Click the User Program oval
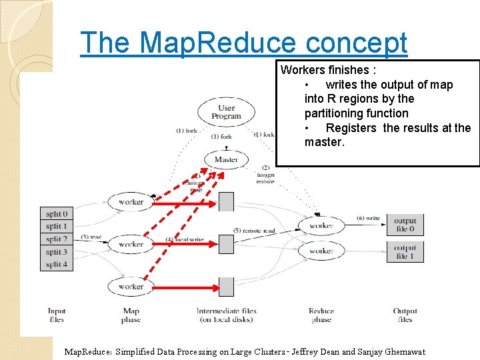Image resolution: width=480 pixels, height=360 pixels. [x=226, y=112]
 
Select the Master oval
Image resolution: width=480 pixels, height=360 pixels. [x=226, y=160]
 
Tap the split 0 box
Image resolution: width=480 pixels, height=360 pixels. [x=57, y=214]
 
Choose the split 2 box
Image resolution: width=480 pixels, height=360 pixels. [x=57, y=239]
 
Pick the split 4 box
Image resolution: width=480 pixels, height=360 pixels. [x=57, y=265]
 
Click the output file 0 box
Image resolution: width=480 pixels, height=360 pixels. [x=405, y=225]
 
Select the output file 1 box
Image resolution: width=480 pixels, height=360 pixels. [x=405, y=251]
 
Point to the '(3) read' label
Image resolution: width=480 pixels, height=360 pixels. [x=92, y=237]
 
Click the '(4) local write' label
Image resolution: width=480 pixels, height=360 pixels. [x=185, y=239]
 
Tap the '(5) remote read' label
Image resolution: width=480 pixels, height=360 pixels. [x=254, y=231]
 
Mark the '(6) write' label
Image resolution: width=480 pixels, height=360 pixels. [x=368, y=218]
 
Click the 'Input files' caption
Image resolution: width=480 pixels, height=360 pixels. [x=57, y=315]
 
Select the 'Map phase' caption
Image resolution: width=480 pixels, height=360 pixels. [x=131, y=315]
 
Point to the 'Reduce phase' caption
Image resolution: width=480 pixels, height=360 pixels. [x=321, y=315]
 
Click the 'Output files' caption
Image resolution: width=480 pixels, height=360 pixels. [x=405, y=315]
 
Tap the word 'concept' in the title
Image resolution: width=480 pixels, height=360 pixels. [x=356, y=43]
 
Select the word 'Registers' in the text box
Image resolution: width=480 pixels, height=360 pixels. [x=351, y=128]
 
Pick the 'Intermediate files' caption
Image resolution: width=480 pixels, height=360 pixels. [x=226, y=311]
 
